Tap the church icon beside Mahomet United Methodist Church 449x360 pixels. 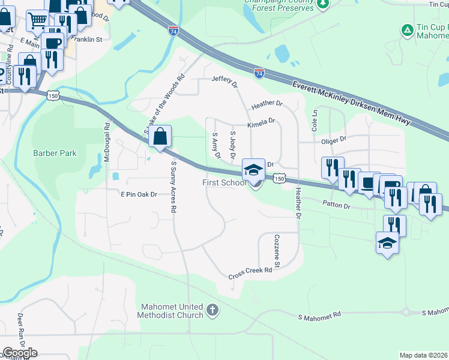coord(211,310)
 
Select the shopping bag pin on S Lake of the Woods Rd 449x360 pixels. coord(160,137)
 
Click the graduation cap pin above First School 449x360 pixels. coord(253,170)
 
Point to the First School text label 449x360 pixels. coord(224,182)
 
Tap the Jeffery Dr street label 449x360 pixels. coord(224,79)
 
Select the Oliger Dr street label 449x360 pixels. coord(334,139)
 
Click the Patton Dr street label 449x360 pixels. coord(338,205)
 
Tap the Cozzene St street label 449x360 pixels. coord(277,251)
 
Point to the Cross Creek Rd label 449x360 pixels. coord(250,274)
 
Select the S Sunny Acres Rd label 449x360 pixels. coord(174,187)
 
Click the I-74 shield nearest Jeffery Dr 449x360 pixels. coord(259,73)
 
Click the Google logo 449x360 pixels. coord(20,353)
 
